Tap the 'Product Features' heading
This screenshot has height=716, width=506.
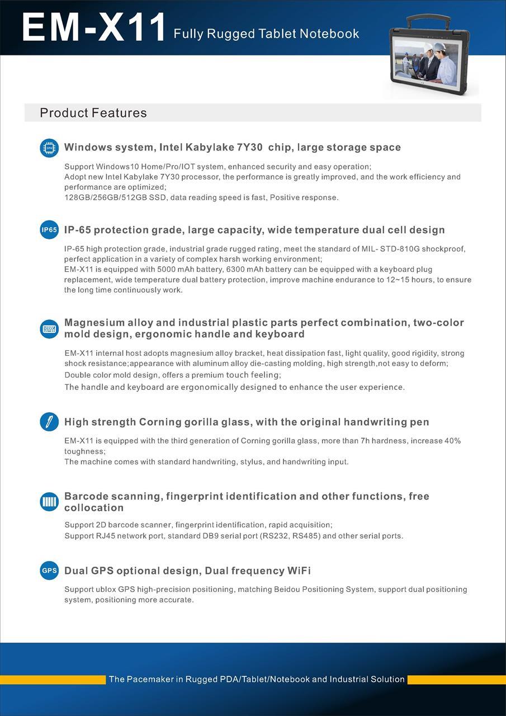click(x=93, y=113)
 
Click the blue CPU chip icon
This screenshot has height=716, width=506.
click(x=49, y=148)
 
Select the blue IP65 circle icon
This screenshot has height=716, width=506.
click(x=49, y=230)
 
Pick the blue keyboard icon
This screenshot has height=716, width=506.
click(x=49, y=329)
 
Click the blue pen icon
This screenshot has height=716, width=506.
click(x=49, y=422)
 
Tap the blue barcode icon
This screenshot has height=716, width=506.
click(x=49, y=502)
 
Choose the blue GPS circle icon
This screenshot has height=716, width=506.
click(x=49, y=571)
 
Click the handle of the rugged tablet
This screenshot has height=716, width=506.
click(x=428, y=20)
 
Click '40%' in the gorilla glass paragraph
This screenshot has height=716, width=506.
click(x=452, y=441)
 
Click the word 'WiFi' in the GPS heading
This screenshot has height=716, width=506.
click(x=299, y=571)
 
